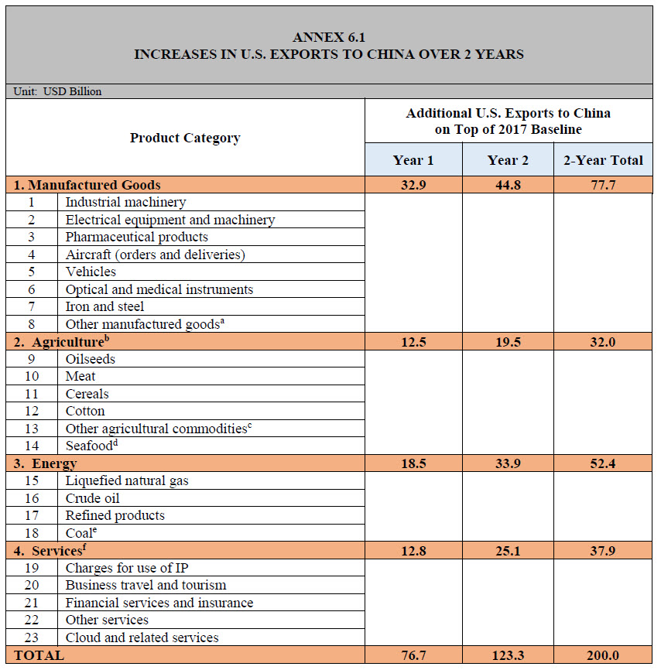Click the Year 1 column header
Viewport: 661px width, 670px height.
point(413,160)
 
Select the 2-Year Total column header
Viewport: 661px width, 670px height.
point(603,160)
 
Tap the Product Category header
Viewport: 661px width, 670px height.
point(185,138)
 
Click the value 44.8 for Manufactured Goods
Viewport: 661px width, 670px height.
point(508,185)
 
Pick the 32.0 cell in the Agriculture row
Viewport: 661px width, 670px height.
point(603,342)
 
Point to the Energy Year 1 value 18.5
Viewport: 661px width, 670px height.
point(413,463)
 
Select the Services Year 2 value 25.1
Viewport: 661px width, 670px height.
point(508,551)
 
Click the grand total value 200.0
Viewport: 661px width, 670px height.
point(603,655)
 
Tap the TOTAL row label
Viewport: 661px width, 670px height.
point(39,655)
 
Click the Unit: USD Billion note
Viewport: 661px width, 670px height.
point(58,91)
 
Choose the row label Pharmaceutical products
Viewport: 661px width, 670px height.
point(136,237)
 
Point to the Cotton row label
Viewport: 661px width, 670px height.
point(84,411)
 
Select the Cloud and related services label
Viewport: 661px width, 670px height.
point(142,638)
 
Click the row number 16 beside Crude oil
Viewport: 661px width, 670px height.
point(31,498)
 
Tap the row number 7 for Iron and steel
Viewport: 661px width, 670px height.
point(31,306)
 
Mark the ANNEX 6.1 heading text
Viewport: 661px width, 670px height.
point(329,37)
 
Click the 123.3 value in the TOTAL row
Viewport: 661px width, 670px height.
point(508,655)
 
